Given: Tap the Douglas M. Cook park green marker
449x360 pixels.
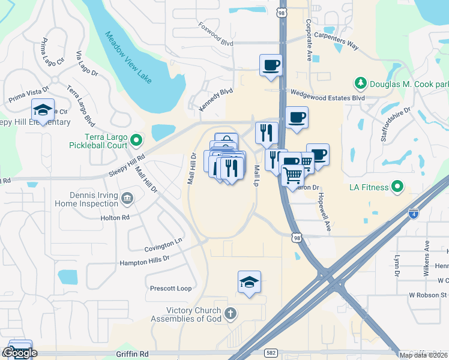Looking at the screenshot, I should tap(361, 83).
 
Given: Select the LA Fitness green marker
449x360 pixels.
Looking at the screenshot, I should tap(397, 187).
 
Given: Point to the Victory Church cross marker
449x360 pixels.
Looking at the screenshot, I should tap(230, 313).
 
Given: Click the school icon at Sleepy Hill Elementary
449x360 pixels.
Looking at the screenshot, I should tap(43, 110).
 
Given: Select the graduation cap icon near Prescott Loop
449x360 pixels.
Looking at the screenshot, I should tap(249, 281).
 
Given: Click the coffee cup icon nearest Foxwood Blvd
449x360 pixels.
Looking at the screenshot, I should tap(271, 64).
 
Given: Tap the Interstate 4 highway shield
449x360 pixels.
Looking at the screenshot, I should tap(413, 213).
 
